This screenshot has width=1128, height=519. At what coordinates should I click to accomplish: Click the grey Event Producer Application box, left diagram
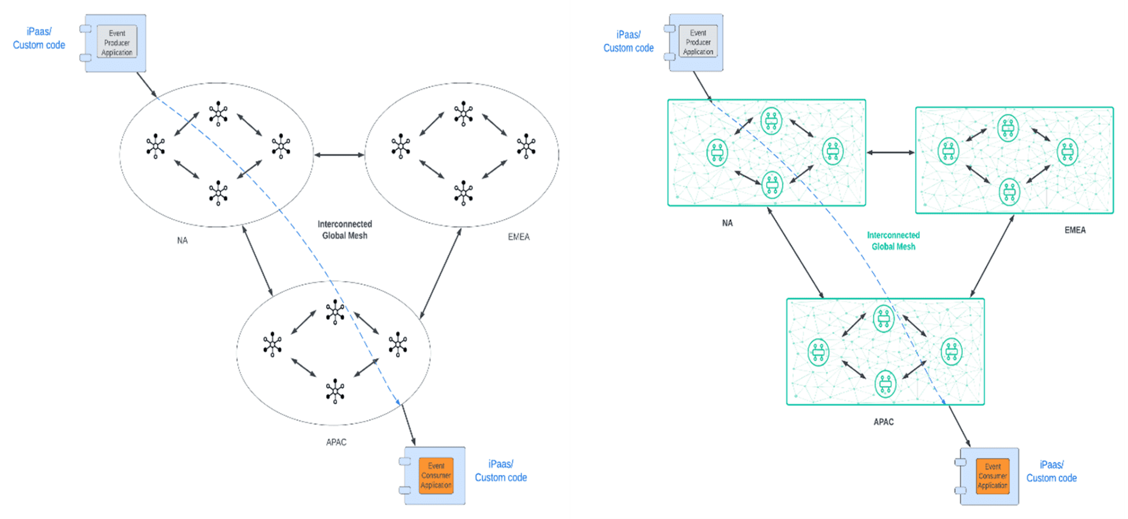[x=117, y=42]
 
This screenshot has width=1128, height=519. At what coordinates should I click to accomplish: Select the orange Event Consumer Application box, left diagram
[x=436, y=475]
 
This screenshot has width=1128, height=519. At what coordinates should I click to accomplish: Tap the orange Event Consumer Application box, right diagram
[x=993, y=475]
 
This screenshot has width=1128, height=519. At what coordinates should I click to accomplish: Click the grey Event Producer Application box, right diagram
[x=698, y=42]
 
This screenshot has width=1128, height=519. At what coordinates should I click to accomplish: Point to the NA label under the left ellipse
[x=182, y=240]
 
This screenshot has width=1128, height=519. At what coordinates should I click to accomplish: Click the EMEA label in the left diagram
[x=518, y=236]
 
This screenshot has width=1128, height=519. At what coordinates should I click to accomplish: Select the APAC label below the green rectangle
[x=883, y=421]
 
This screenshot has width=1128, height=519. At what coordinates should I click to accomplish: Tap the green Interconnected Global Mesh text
[x=893, y=241]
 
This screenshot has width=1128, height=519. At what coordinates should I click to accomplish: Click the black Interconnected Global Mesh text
[x=345, y=230]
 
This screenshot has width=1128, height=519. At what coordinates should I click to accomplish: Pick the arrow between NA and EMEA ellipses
[x=339, y=155]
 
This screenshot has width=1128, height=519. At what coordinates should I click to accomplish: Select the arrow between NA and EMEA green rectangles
[x=891, y=153]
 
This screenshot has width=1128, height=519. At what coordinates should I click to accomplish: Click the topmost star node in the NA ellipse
[x=218, y=113]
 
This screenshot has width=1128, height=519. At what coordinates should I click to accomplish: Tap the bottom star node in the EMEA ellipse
[x=463, y=193]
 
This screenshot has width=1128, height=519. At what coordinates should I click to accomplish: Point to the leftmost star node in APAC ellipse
[x=272, y=344]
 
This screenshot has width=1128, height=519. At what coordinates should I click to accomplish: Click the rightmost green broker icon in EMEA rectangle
[x=1067, y=152]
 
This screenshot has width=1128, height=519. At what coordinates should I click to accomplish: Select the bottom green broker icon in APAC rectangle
[x=885, y=383]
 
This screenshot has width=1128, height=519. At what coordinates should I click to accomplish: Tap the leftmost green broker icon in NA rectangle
[x=717, y=153]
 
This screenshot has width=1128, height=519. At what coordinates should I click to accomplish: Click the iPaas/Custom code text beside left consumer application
[x=501, y=471]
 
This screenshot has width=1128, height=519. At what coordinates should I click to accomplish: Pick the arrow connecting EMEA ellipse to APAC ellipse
[x=441, y=273]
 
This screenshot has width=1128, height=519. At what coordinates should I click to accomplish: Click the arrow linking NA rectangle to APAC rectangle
[x=795, y=253]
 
